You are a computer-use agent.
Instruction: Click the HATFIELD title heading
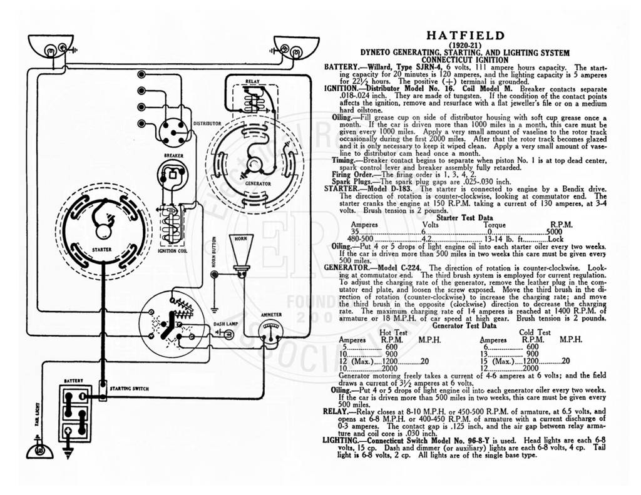tap(465, 36)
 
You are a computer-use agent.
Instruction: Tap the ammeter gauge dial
tap(270, 331)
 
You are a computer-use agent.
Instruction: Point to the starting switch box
tap(103, 390)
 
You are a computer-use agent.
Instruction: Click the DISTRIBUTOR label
tap(207, 123)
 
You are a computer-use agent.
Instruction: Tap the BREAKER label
tap(174, 156)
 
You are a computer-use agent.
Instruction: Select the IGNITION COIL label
tap(172, 251)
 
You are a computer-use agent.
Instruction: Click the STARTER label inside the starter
tap(101, 249)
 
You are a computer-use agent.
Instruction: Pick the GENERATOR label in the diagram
tap(257, 183)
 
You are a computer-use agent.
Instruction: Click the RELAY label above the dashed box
tap(253, 81)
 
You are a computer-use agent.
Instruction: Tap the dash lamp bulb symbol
tap(227, 334)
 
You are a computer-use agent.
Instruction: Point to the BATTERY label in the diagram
tap(74, 381)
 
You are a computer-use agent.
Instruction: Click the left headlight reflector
tap(51, 46)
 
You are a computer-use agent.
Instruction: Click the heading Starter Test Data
tap(465, 218)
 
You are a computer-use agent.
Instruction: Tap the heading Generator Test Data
tap(464, 326)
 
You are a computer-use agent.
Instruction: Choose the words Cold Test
tap(535, 333)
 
